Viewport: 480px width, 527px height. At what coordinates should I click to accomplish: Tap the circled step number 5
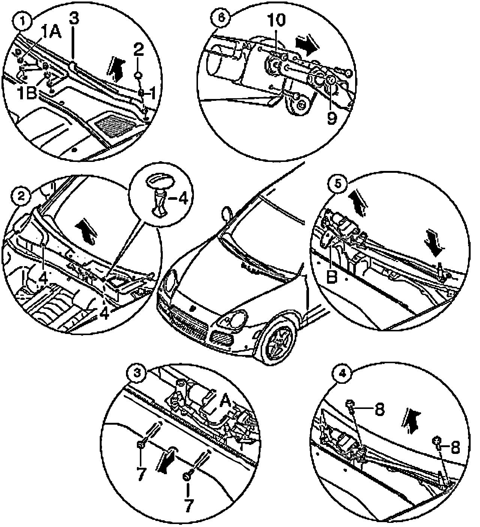coord(336,185)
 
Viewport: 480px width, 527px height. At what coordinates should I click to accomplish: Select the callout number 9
coord(332,118)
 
